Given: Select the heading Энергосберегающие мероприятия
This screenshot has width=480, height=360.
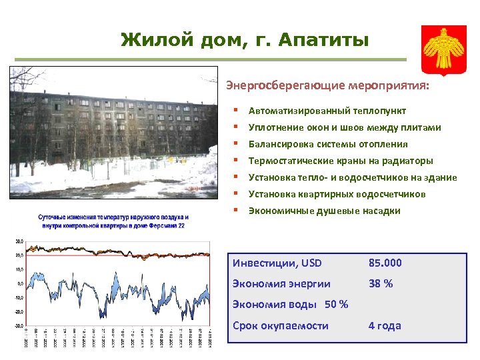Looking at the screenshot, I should click(x=327, y=86).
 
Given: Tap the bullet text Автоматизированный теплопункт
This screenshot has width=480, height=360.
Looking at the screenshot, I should click(x=327, y=111).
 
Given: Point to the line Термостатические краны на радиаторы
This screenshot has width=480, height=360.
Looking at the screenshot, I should click(x=340, y=161).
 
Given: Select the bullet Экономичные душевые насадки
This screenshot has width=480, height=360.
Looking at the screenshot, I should click(x=324, y=211).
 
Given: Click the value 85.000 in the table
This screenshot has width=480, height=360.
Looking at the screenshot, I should click(x=386, y=263).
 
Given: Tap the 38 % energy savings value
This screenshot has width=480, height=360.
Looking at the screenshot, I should click(x=381, y=283).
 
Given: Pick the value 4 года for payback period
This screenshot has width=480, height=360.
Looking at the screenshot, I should click(x=385, y=325).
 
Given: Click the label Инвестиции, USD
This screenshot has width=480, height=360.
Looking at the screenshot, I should click(x=276, y=263).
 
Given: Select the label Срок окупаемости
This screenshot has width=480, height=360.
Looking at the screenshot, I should click(x=280, y=325).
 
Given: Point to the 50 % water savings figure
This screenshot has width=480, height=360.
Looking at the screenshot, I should click(x=336, y=305).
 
